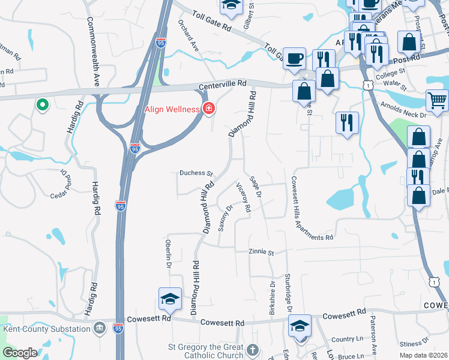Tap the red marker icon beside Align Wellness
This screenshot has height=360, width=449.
[209, 109]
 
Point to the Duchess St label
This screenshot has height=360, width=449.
[196, 173]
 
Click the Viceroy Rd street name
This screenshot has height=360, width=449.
[243, 197]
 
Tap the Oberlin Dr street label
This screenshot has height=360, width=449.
[169, 256]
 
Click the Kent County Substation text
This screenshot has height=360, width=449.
[46, 329]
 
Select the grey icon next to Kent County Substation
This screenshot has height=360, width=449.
[100, 328]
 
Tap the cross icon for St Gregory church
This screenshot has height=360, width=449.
[253, 349]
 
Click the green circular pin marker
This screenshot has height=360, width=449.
[42, 106]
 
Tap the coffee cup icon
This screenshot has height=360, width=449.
[294, 58]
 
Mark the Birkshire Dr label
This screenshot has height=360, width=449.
[271, 297]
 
